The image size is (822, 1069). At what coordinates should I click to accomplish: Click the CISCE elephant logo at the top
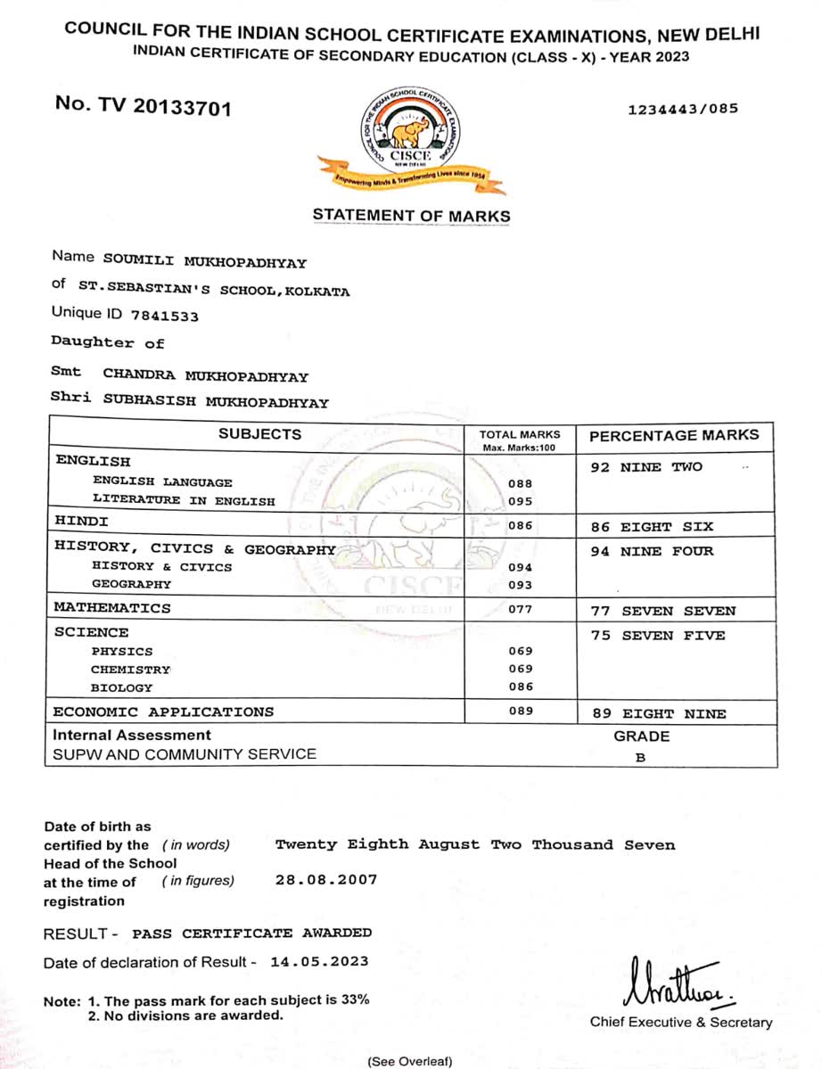(x=411, y=138)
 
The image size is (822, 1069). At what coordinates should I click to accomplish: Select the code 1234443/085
(x=684, y=110)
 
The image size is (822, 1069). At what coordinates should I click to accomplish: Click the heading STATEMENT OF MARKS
(x=411, y=216)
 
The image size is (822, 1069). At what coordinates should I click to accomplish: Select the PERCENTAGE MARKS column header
(x=674, y=436)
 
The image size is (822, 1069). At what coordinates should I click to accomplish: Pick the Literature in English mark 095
(x=520, y=501)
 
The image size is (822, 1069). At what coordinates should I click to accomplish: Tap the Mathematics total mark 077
(x=520, y=609)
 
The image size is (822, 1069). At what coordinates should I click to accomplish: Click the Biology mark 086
(x=520, y=687)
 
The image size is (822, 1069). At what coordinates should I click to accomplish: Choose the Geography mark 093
(x=520, y=585)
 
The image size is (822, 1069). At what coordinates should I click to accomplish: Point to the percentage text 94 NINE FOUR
(x=652, y=551)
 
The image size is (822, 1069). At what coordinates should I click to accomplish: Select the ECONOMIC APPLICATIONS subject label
(x=163, y=711)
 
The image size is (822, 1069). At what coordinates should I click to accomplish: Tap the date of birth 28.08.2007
(x=326, y=879)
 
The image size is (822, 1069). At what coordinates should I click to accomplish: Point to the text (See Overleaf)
(x=410, y=1061)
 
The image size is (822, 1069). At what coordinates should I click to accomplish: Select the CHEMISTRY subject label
(x=130, y=670)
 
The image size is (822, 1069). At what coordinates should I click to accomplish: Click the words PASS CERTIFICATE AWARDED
(x=252, y=933)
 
